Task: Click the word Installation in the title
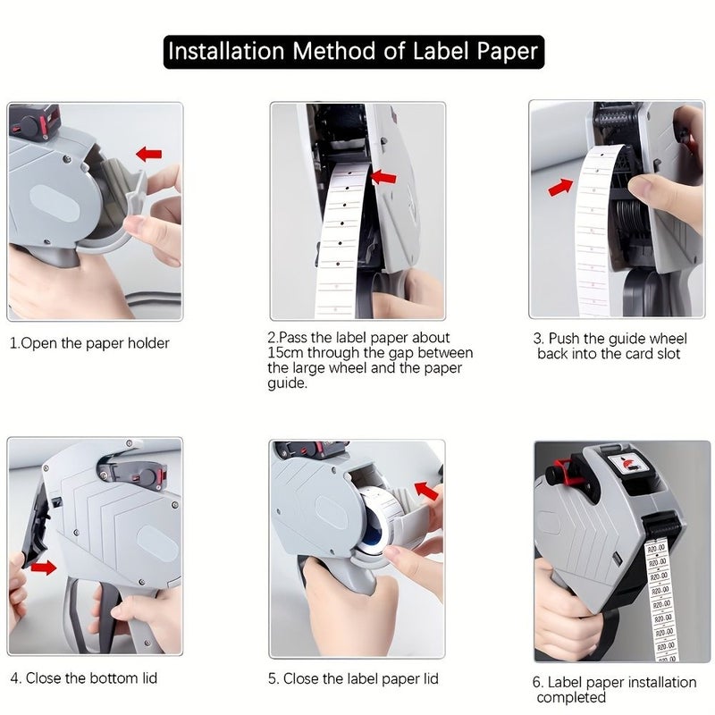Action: [x=226, y=51]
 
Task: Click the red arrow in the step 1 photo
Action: [x=149, y=154]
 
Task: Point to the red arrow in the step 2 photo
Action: [x=383, y=177]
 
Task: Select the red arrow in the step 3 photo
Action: [x=561, y=187]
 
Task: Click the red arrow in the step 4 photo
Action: [x=43, y=568]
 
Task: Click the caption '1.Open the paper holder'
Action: [x=89, y=343]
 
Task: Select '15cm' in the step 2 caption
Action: [x=285, y=352]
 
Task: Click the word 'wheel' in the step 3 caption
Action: [x=668, y=339]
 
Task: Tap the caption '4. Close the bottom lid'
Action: [x=83, y=678]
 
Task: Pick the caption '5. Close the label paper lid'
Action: [x=353, y=678]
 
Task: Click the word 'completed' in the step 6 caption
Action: [x=571, y=697]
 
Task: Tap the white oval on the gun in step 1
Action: [x=55, y=204]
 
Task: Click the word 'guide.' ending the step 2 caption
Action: [x=288, y=383]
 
